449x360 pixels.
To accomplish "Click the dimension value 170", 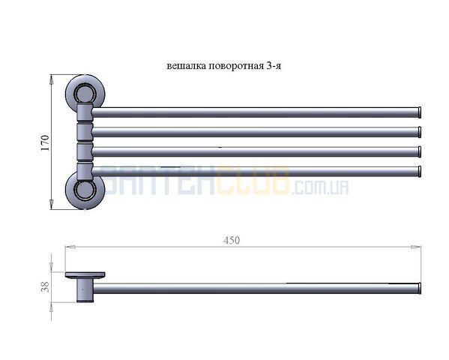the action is pyautogui.click(x=45, y=142).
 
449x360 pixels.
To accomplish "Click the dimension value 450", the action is pyautogui.click(x=232, y=240).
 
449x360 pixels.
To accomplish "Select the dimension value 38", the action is pyautogui.click(x=45, y=286).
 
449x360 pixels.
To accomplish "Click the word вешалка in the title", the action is pyautogui.click(x=187, y=66).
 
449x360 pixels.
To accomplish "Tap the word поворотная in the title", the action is pyautogui.click(x=236, y=66).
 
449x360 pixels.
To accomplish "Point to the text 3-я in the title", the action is pyautogui.click(x=274, y=66).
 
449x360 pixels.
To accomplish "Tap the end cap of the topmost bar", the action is pyautogui.click(x=420, y=112).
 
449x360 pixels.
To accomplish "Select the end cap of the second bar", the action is pyautogui.click(x=420, y=132).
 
